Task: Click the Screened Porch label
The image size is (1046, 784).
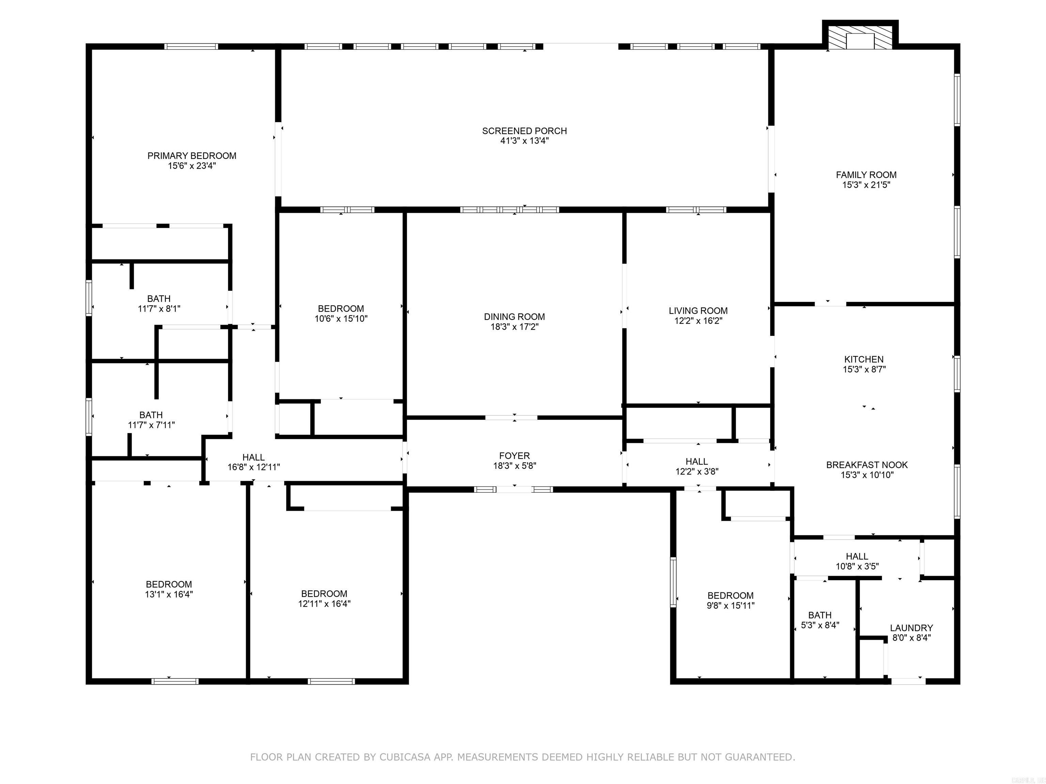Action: [x=524, y=131]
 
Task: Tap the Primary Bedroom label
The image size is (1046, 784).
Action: [x=192, y=156]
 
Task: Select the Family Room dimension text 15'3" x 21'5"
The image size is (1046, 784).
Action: [x=866, y=185]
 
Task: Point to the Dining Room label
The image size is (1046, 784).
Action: [x=514, y=316]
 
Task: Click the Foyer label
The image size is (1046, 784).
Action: [x=514, y=456]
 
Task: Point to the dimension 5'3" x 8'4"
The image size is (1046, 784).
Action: [x=820, y=625]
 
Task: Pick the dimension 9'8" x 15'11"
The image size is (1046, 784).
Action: [x=731, y=605]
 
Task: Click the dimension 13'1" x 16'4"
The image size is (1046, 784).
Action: [x=169, y=594]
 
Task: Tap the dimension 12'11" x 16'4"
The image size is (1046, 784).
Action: [x=324, y=603]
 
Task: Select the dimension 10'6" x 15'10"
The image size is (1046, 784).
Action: [x=341, y=318]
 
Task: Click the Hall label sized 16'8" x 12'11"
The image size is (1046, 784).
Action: [x=253, y=457]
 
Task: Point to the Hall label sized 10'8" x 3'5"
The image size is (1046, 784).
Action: [x=857, y=556]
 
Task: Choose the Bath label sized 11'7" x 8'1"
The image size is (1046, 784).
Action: [x=159, y=299]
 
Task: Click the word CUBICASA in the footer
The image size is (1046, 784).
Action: [x=405, y=757]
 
